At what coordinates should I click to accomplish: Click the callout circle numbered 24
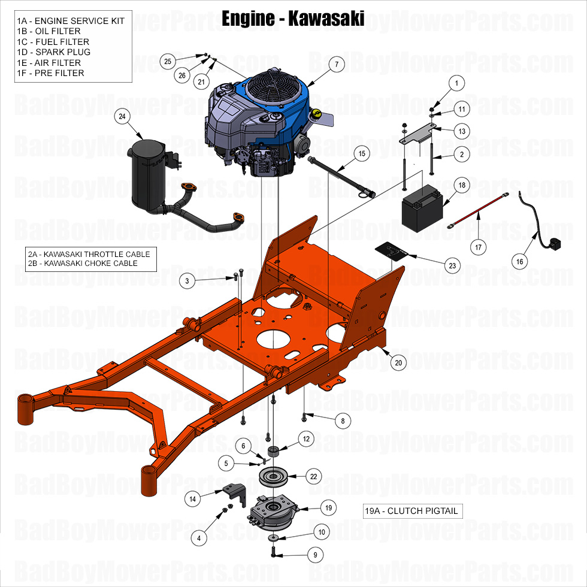pos(122,117)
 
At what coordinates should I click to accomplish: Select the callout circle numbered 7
pos(336,64)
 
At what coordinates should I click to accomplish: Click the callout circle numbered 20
pos(398,362)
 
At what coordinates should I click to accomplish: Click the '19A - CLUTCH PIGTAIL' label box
pos(413,511)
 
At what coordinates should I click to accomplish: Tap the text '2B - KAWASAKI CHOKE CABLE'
pos(83,263)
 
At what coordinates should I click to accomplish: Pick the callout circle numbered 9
pos(314,555)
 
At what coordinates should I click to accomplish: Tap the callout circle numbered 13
pos(462,131)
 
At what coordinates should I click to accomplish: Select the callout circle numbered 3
pos(187,280)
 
